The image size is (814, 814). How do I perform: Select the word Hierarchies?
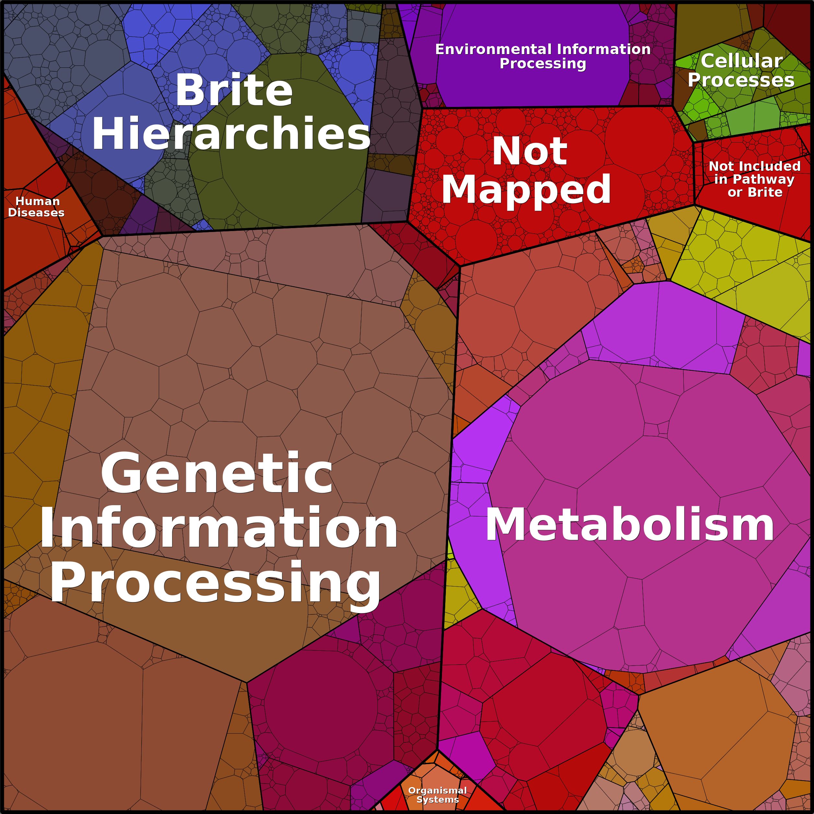coord(231,133)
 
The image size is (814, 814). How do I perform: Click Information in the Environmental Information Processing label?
coord(604,49)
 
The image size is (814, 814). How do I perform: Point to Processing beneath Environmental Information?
coord(543,64)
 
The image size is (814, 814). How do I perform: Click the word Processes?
coord(741,80)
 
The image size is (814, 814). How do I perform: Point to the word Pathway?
coord(763,180)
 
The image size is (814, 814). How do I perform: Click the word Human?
coord(38,201)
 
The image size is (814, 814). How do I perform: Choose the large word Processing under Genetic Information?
coord(215,584)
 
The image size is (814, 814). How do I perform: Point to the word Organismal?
coord(437,790)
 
